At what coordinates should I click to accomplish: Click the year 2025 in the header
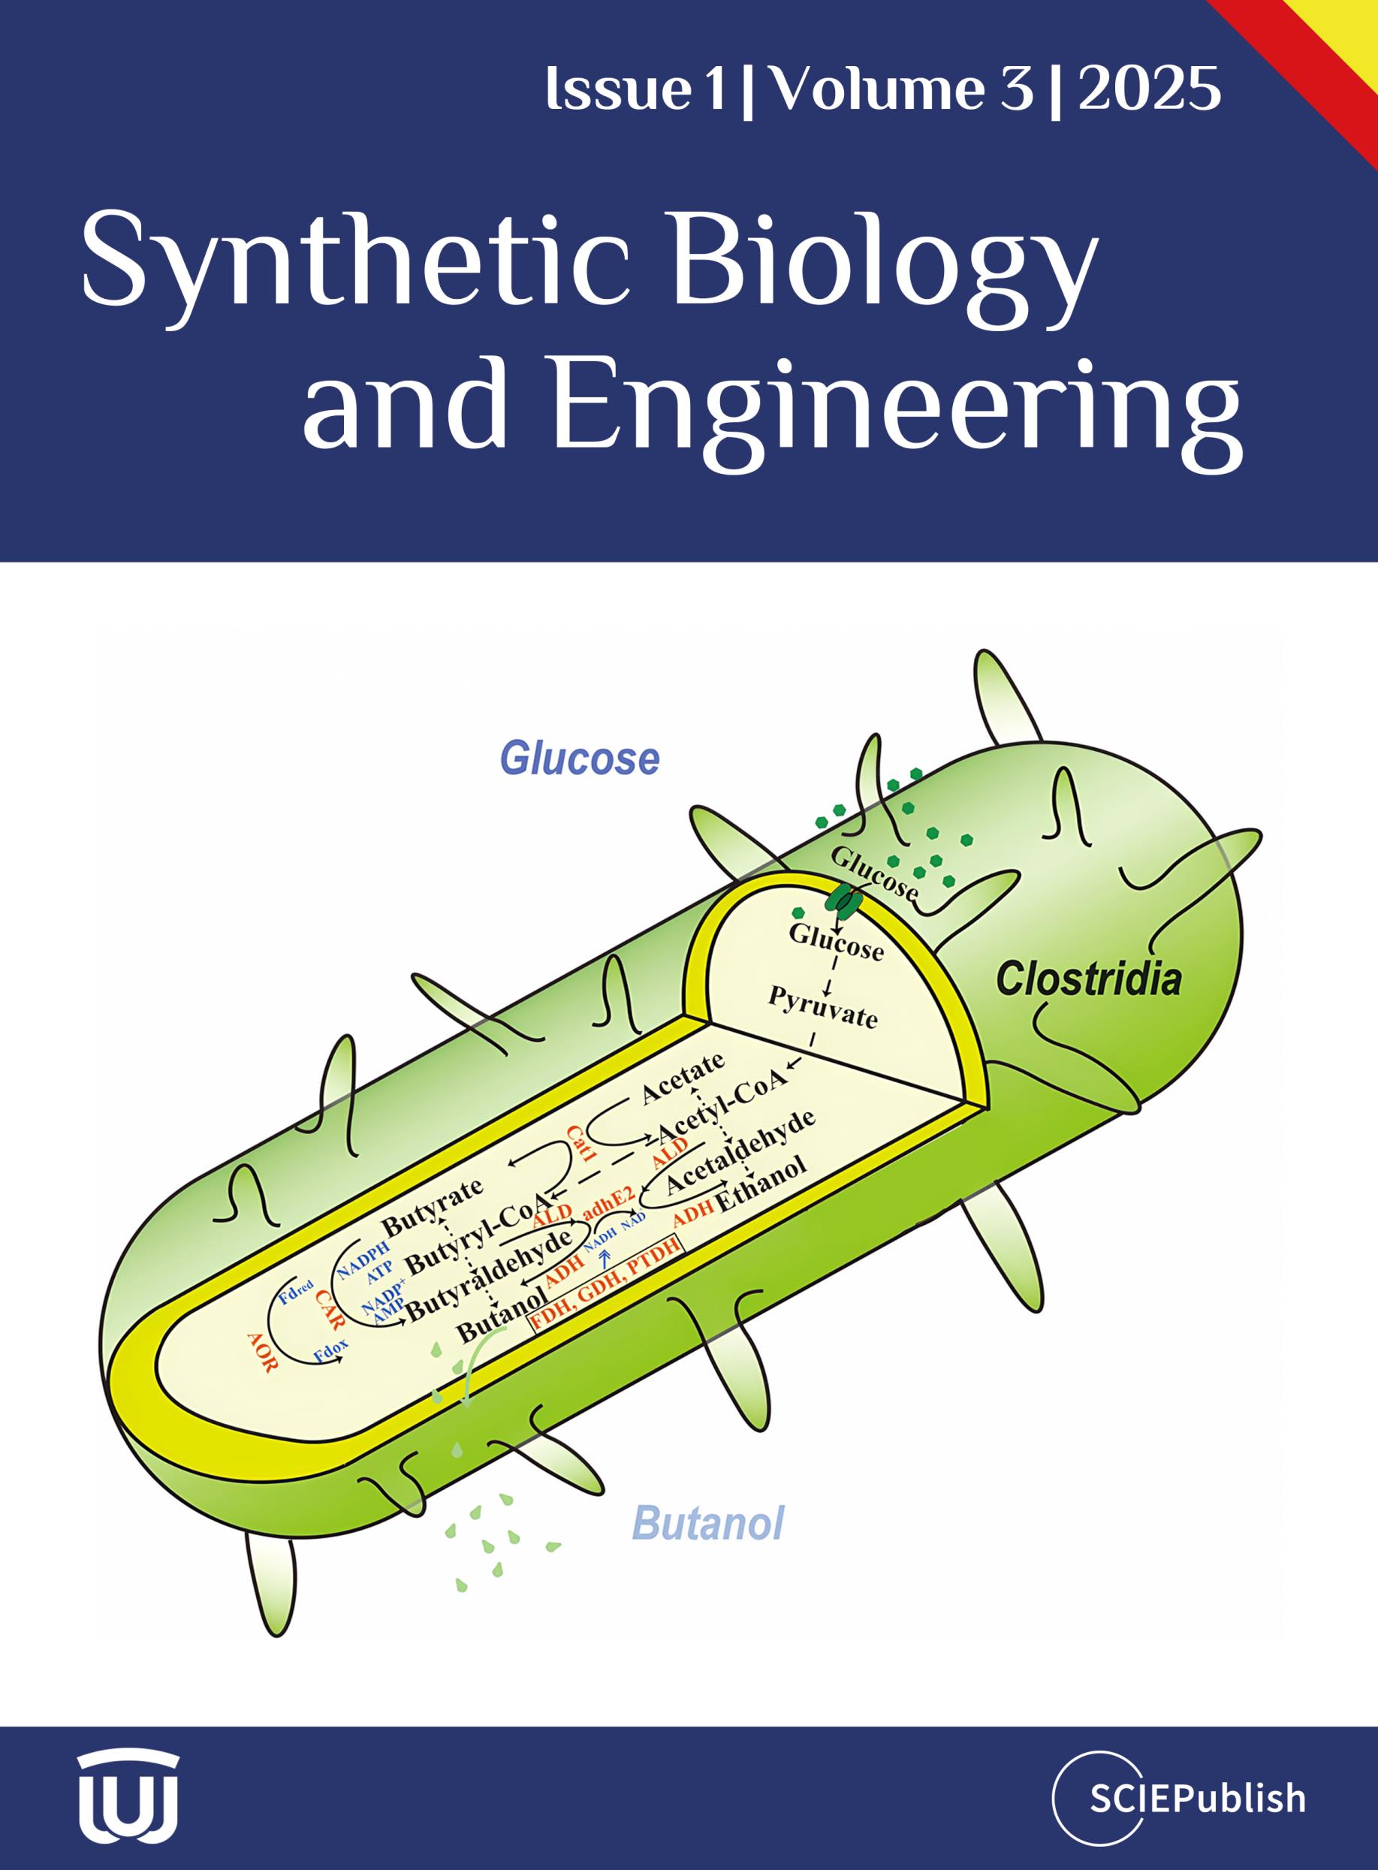point(1150,89)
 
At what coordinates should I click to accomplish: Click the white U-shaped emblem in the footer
point(129,1796)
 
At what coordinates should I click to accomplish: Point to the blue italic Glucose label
point(580,759)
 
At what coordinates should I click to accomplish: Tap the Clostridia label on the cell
point(1090,978)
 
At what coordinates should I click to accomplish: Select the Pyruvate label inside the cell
point(823,1008)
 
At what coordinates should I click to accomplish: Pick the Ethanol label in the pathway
point(761,1182)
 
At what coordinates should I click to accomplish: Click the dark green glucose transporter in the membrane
point(843,899)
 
